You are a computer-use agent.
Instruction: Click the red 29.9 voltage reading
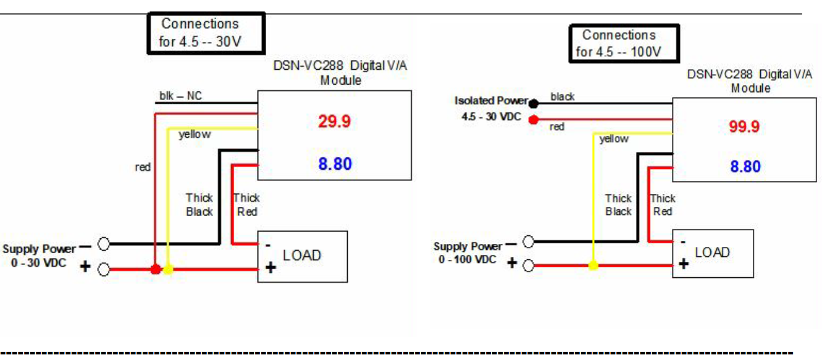tap(334, 122)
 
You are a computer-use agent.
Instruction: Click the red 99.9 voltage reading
tap(744, 127)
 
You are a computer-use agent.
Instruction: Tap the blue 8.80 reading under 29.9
tap(334, 164)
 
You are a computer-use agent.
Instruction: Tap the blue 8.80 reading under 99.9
tap(745, 167)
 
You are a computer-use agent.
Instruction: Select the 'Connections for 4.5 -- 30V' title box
tap(206, 33)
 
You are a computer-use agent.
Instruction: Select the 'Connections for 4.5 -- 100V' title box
tap(624, 43)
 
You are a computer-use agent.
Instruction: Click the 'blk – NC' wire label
tap(180, 96)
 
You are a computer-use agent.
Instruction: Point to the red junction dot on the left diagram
tap(156, 269)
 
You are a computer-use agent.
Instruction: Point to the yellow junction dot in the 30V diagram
tap(168, 269)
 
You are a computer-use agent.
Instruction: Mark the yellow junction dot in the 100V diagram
tap(593, 266)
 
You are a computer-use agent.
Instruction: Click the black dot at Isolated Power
tap(533, 103)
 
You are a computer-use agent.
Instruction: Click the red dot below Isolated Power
tap(533, 119)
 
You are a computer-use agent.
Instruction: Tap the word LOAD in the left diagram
tap(302, 255)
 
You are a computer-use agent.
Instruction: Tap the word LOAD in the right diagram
tap(712, 252)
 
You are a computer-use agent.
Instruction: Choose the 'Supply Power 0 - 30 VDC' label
tap(39, 256)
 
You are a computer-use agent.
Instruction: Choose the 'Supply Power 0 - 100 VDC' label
tap(468, 253)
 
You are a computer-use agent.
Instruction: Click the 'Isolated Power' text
tap(491, 101)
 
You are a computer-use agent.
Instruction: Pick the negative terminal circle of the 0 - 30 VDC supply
tap(104, 244)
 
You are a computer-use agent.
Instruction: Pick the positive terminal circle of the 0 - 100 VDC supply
tap(528, 266)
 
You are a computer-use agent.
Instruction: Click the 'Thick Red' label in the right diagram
tap(663, 205)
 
